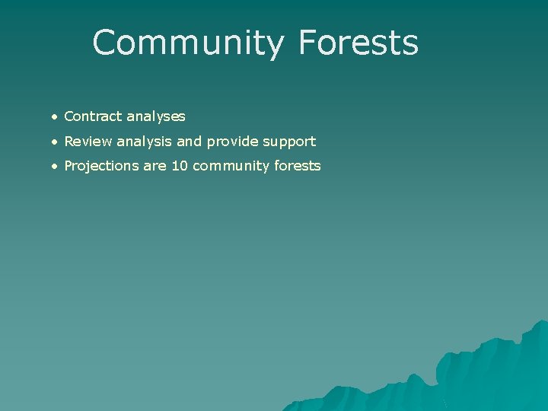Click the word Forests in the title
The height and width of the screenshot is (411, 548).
pos(358,43)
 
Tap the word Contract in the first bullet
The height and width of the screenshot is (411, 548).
pos(93,116)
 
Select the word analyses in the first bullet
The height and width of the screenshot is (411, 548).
pos(156,116)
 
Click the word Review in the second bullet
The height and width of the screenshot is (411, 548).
pos(88,141)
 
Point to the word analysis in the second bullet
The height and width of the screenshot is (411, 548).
pos(145,141)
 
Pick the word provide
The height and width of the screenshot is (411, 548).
pos(232,142)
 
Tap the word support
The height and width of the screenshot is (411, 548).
pos(289,142)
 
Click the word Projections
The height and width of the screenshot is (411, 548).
pos(101,166)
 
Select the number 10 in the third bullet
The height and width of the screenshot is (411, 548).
pos(180,165)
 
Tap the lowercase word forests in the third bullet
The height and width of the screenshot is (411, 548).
pos(295,165)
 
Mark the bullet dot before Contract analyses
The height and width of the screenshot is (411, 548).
pos(56,117)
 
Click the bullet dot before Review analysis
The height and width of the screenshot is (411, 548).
pos(56,142)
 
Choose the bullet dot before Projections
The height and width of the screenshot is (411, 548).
pos(56,166)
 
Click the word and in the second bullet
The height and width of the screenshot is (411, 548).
pos(190,141)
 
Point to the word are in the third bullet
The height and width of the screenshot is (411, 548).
pos(155,166)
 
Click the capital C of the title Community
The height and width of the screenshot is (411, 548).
pos(106,43)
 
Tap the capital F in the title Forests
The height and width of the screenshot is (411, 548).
pos(307,43)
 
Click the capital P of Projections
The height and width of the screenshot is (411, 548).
pos(68,165)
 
